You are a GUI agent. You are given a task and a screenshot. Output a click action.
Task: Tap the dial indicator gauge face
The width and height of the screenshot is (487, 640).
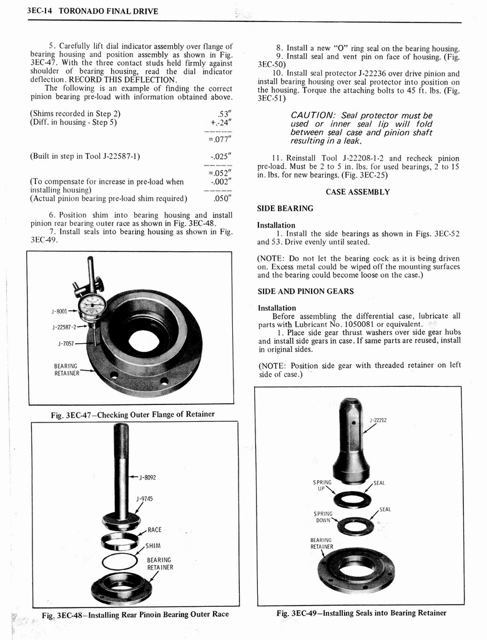tap(92, 305)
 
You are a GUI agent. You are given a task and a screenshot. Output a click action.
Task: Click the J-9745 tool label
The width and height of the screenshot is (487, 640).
tap(145, 499)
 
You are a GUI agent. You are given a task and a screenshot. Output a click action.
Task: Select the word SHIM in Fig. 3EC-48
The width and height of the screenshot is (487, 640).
tap(154, 546)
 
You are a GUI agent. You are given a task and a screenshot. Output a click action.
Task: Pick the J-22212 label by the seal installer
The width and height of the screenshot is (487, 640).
tap(378, 420)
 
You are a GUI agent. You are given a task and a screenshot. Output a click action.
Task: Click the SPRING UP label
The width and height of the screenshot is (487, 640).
tap(322, 486)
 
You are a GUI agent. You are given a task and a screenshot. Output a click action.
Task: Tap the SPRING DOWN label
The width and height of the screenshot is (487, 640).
tap(323, 517)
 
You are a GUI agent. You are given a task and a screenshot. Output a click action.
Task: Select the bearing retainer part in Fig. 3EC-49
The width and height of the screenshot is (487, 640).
tap(356, 569)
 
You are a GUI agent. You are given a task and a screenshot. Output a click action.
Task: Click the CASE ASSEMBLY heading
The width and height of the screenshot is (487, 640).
tap(358, 192)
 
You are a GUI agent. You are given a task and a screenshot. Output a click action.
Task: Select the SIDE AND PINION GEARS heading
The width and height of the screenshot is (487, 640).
tap(305, 291)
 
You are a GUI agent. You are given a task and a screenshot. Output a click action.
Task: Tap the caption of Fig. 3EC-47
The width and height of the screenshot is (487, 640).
tap(132, 414)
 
